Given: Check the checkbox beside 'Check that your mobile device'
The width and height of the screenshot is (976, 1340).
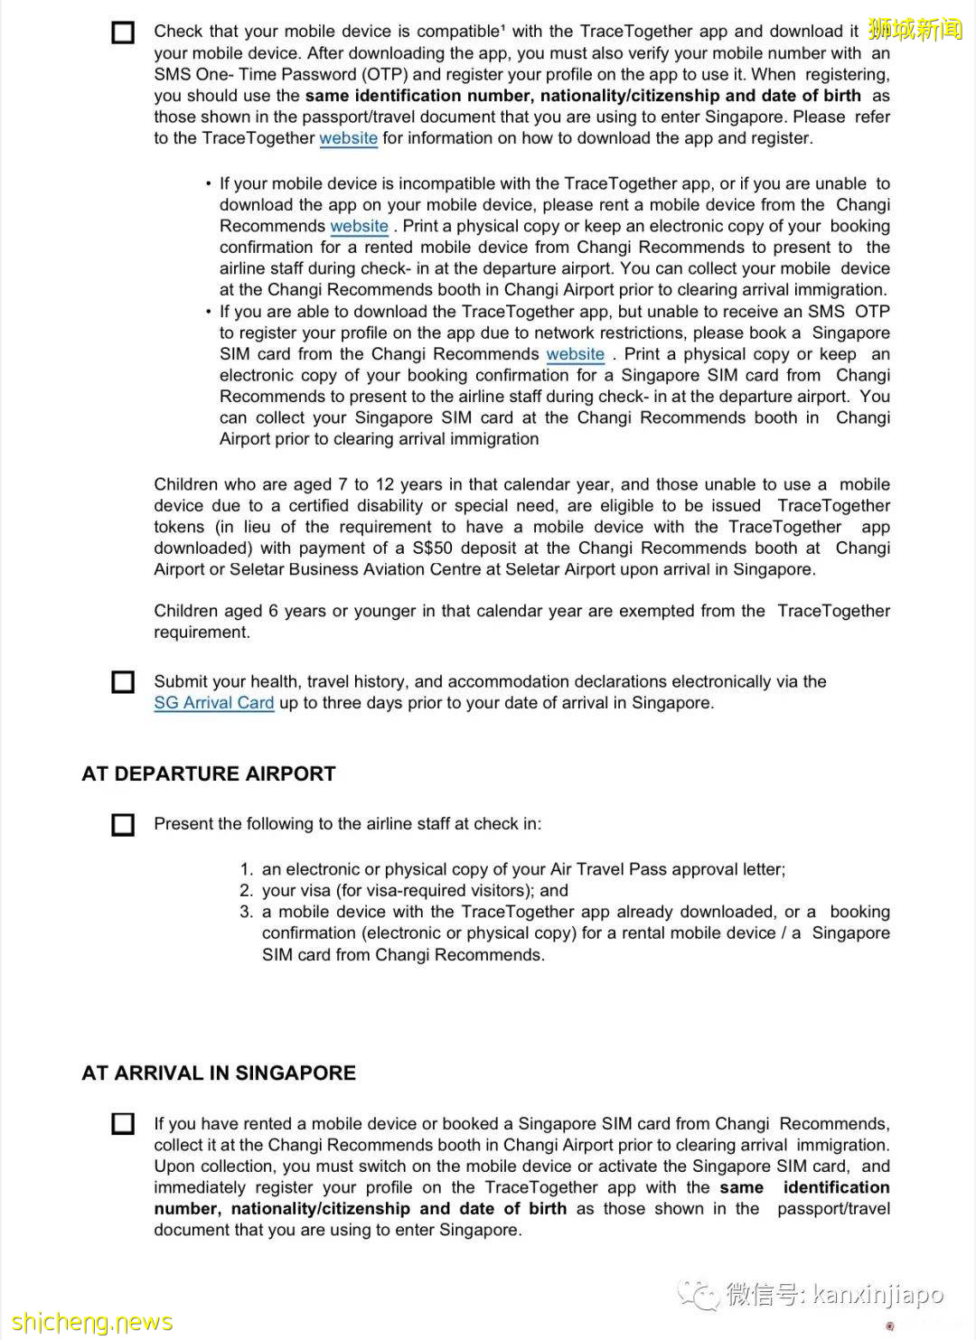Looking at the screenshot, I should (x=123, y=33).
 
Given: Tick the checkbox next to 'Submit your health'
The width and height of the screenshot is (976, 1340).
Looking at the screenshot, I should (x=123, y=682).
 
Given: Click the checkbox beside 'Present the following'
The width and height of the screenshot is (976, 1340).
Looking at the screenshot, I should (x=123, y=824).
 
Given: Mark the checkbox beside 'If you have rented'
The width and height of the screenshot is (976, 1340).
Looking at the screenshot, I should (x=123, y=1124).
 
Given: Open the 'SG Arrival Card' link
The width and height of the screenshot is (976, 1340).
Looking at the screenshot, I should (x=213, y=703).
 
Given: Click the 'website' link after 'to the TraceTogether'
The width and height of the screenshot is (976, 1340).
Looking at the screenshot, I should (x=348, y=138).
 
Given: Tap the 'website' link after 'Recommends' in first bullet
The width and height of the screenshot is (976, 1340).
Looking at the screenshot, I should (x=359, y=226).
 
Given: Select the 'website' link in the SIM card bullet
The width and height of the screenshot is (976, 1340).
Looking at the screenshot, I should (x=575, y=354).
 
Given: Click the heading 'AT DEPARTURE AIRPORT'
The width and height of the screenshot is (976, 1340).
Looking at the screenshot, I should (x=209, y=774).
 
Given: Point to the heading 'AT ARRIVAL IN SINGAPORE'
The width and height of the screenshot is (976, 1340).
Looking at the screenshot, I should (x=219, y=1073).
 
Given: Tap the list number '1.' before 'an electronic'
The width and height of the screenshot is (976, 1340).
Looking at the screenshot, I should (x=247, y=869).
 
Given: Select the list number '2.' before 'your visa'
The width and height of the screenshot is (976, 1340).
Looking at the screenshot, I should (x=247, y=891).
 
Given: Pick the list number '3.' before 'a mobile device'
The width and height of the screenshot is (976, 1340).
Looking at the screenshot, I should (x=247, y=912).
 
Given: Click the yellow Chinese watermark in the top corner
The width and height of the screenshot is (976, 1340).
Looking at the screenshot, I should (x=915, y=29).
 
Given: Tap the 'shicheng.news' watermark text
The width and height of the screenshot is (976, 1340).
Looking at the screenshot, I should (x=91, y=1322).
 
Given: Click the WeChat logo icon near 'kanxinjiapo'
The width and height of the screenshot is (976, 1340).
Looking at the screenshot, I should (x=699, y=1295).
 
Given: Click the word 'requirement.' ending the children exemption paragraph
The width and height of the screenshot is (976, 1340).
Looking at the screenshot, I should (x=202, y=633).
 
